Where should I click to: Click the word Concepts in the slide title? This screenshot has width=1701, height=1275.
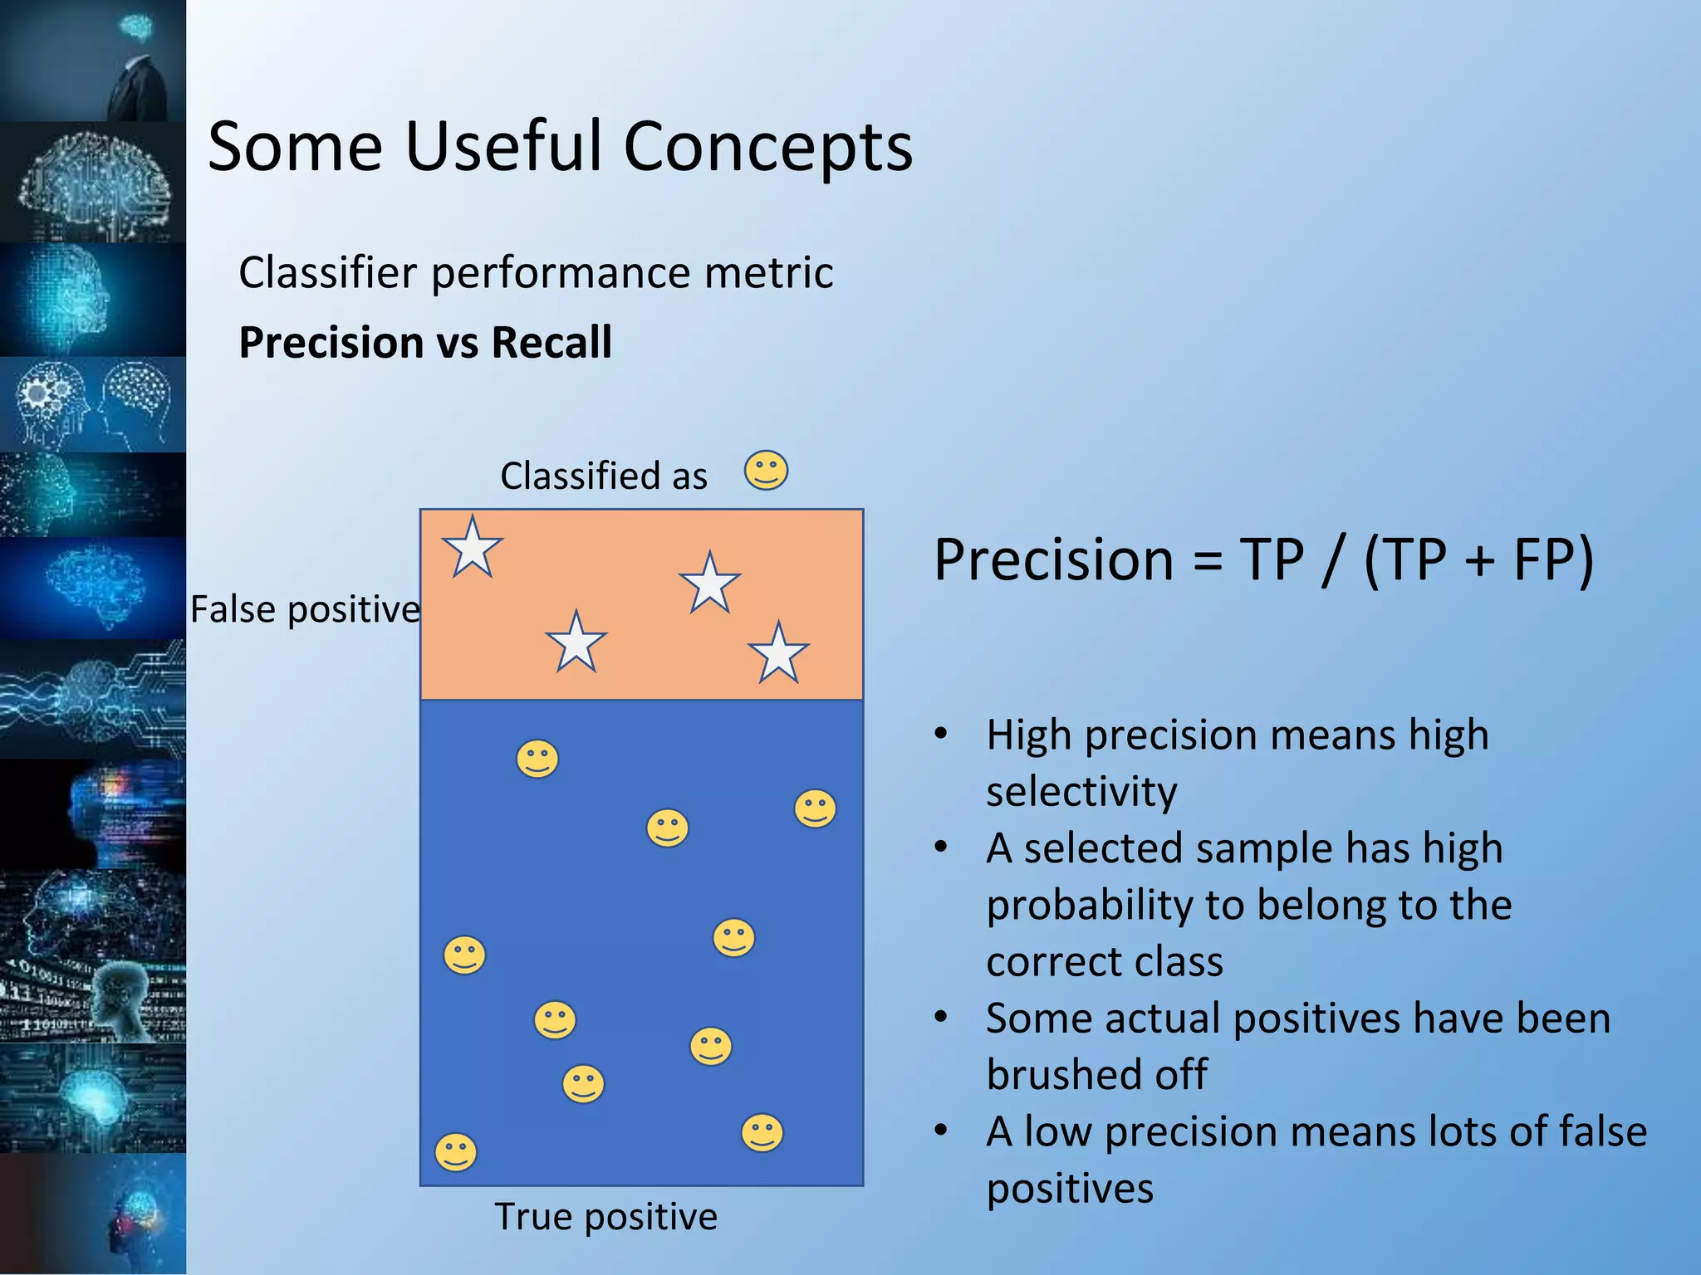[x=767, y=148]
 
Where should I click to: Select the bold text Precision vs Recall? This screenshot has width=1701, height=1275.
[x=425, y=343]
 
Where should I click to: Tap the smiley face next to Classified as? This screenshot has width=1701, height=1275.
[x=766, y=471]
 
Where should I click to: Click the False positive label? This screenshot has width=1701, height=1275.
[x=305, y=610]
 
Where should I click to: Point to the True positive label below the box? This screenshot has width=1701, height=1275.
[x=605, y=1217]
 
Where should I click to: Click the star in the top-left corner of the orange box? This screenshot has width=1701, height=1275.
[x=473, y=548]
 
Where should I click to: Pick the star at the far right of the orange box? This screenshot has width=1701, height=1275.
[x=778, y=654]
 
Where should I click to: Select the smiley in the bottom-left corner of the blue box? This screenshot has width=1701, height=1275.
[x=456, y=1152]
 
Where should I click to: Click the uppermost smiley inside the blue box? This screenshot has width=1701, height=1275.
[x=537, y=759]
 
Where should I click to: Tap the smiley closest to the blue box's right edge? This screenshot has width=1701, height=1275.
[x=815, y=808]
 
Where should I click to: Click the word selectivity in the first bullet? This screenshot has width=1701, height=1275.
[x=1081, y=791]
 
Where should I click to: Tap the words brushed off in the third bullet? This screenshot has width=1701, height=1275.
[x=1096, y=1075]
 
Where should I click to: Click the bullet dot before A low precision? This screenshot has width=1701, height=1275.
[x=940, y=1131]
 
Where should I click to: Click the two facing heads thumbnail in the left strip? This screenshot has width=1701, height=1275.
[x=93, y=405]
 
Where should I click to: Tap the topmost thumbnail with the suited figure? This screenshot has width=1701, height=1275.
[x=93, y=61]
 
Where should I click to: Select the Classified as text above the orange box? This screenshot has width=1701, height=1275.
[x=604, y=476]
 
